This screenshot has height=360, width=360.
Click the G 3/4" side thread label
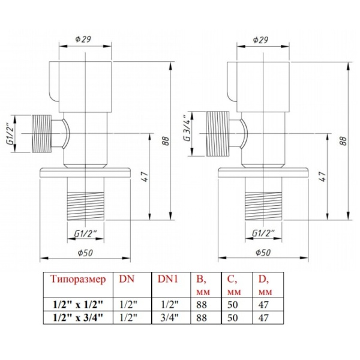(x=187, y=128)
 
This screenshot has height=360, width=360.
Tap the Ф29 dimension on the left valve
(x=83, y=39)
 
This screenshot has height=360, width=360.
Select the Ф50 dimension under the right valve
(x=263, y=253)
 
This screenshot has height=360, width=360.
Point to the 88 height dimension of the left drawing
(x=166, y=140)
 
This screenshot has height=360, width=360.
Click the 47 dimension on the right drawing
(x=323, y=176)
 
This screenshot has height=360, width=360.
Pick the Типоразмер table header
(x=78, y=279)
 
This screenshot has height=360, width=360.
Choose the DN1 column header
(x=167, y=279)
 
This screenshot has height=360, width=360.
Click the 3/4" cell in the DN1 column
(x=170, y=317)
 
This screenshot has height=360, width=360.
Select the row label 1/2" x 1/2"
(x=78, y=305)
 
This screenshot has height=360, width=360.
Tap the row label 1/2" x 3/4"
(x=78, y=317)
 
